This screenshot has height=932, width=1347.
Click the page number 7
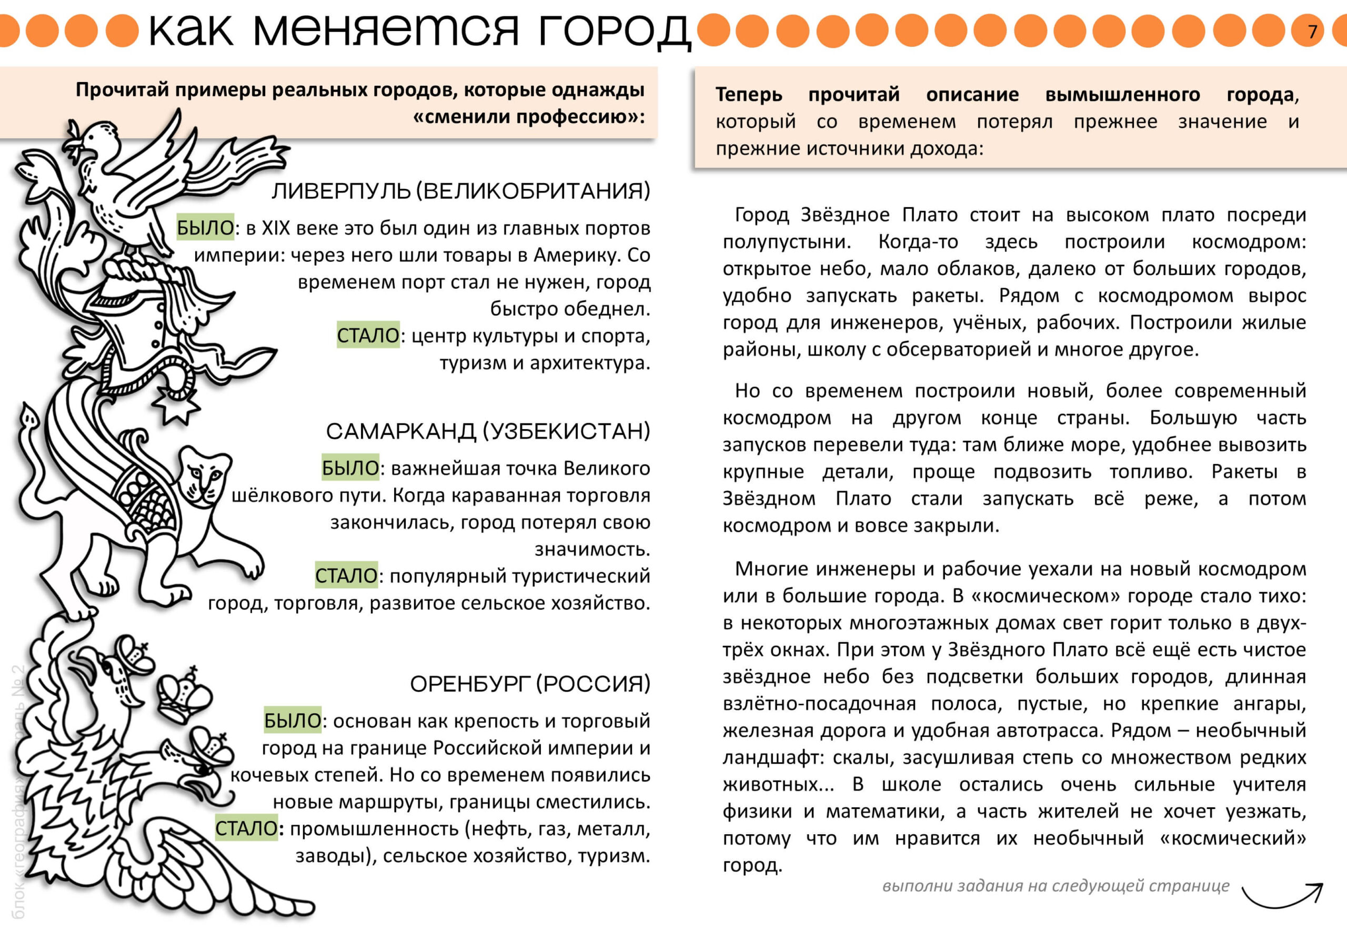(1312, 31)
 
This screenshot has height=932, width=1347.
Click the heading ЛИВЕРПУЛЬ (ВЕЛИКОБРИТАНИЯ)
(460, 191)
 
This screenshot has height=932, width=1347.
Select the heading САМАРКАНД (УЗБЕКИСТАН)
(488, 431)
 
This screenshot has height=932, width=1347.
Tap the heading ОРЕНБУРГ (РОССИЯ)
(530, 683)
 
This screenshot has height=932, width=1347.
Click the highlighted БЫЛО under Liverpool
(205, 227)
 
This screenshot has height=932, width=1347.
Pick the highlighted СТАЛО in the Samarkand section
(346, 575)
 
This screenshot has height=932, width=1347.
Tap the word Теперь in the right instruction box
(748, 95)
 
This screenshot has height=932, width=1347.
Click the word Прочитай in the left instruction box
(122, 90)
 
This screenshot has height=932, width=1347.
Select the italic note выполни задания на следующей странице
(1056, 886)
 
